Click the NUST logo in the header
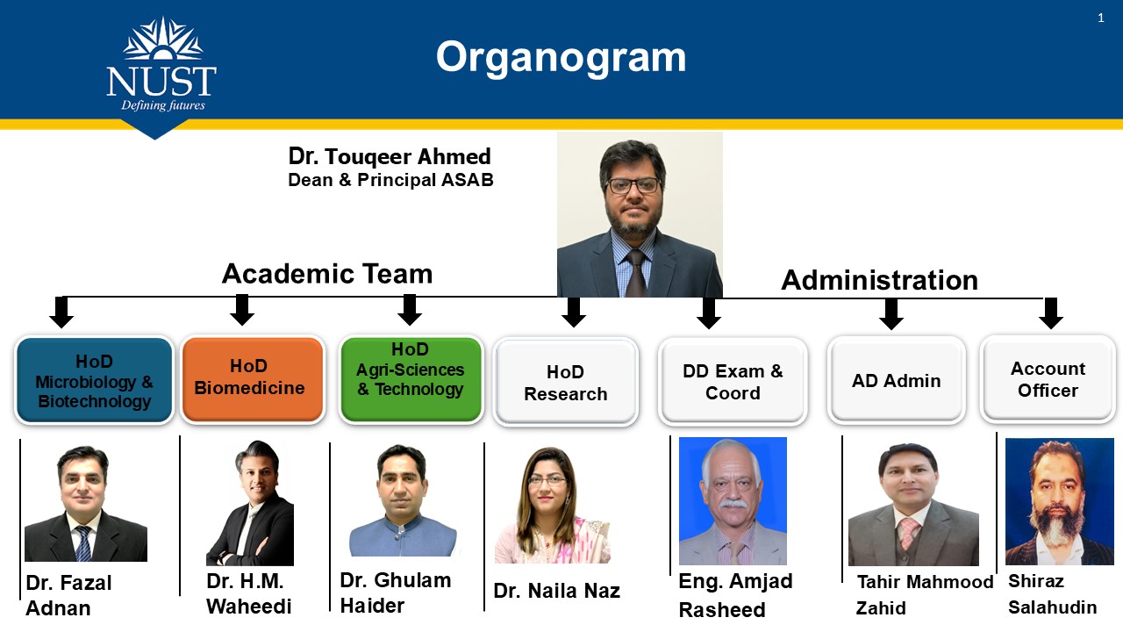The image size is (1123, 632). (x=161, y=70)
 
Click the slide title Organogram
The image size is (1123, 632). (x=561, y=57)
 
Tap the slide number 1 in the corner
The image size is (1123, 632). (x=1101, y=18)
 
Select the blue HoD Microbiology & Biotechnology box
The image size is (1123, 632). (x=94, y=381)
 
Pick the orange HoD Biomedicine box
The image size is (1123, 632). (x=252, y=380)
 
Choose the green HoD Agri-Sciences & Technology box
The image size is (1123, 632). (x=411, y=380)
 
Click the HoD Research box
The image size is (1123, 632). (x=565, y=383)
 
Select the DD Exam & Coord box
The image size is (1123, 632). (x=733, y=382)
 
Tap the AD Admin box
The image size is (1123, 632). (x=896, y=381)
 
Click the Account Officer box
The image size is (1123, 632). (x=1048, y=380)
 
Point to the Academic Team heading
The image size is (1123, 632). (x=327, y=274)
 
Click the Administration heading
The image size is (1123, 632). (x=879, y=280)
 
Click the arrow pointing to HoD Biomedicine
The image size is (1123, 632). (x=242, y=310)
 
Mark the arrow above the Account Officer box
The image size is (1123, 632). (x=1050, y=312)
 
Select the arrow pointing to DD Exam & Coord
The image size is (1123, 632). (x=709, y=312)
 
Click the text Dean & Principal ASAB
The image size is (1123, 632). (x=390, y=180)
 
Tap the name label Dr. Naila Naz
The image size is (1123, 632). (x=556, y=591)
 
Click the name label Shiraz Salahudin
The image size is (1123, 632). (x=1052, y=594)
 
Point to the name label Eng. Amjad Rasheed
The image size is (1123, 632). (x=735, y=595)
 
